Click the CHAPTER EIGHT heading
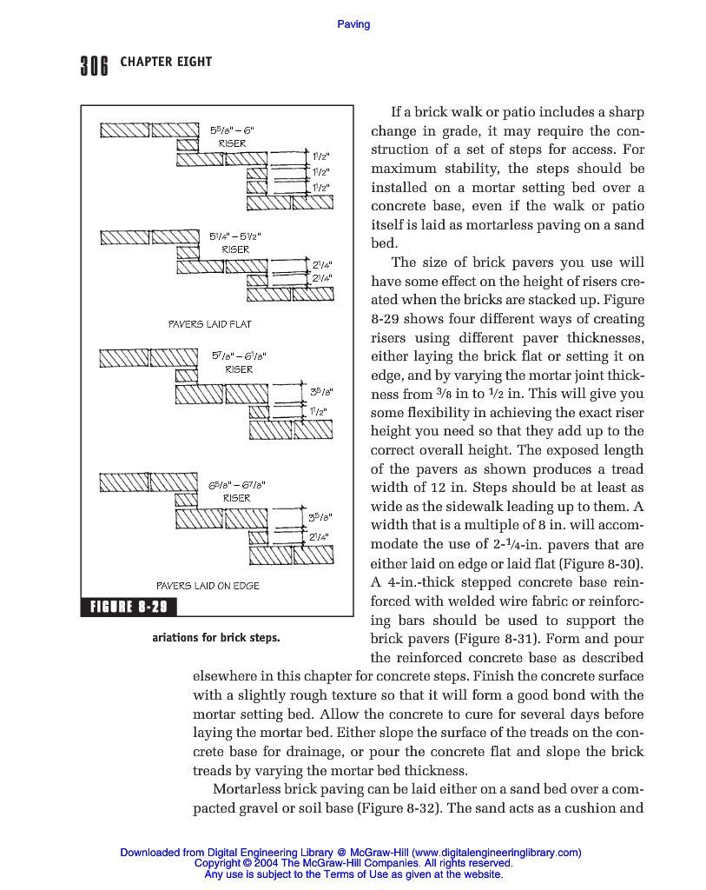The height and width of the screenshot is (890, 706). coord(165,62)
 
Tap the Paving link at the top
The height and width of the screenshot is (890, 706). coord(353,24)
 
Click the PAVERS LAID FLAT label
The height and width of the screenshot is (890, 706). coord(209,324)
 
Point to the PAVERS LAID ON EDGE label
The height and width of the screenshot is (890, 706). coord(208,586)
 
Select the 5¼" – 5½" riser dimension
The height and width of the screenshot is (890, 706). coord(234,236)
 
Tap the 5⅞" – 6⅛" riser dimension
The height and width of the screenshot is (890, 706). coord(239,355)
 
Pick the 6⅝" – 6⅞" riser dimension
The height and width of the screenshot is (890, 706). coord(237,485)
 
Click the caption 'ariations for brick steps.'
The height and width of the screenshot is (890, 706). coord(215,638)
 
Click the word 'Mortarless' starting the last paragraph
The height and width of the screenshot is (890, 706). coord(247,789)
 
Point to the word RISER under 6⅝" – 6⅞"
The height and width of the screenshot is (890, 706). coord(236,498)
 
